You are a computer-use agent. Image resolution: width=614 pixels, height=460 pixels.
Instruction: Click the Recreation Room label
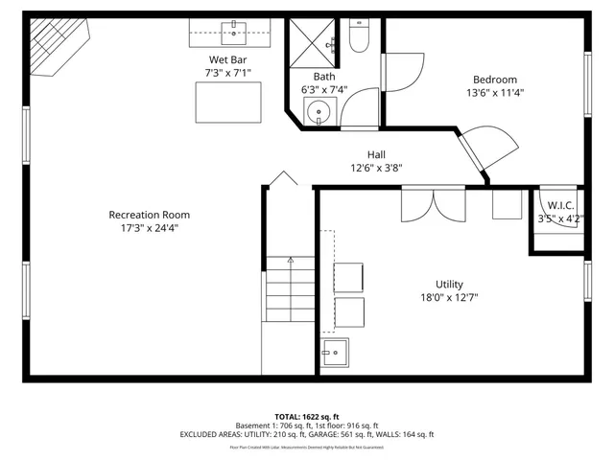coord(149,215)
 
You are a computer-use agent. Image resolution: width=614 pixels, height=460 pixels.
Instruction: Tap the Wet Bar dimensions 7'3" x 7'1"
coord(227,73)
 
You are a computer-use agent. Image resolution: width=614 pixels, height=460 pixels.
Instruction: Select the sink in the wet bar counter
coord(234,29)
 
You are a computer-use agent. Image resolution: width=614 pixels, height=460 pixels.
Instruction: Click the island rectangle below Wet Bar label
coord(227,100)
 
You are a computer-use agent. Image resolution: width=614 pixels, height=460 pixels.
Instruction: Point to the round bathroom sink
coord(319,115)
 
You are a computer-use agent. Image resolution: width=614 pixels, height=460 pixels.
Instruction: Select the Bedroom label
coord(494,80)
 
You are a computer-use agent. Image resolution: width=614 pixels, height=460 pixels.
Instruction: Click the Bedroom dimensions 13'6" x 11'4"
coord(494,93)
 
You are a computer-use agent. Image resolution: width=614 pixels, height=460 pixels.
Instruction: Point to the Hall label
coord(376,154)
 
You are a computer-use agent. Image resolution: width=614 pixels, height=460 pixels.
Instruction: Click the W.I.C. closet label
coord(560,205)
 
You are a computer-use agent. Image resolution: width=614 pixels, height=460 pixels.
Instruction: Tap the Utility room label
coord(449,284)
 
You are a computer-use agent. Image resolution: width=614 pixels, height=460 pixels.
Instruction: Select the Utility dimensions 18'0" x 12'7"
coord(449,297)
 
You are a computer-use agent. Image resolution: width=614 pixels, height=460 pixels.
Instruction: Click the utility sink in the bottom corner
coord(335,353)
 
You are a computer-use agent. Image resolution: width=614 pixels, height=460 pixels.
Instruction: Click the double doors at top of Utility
coord(434,204)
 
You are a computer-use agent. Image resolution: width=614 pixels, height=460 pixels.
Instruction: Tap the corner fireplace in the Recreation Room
coord(54,48)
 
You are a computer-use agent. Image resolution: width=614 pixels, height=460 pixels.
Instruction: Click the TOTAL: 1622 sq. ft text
coord(306,416)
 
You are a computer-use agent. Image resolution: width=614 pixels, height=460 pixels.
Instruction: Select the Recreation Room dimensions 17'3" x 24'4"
coord(149,228)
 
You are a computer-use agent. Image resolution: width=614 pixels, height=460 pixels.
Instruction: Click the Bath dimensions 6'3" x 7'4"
coord(323,90)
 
